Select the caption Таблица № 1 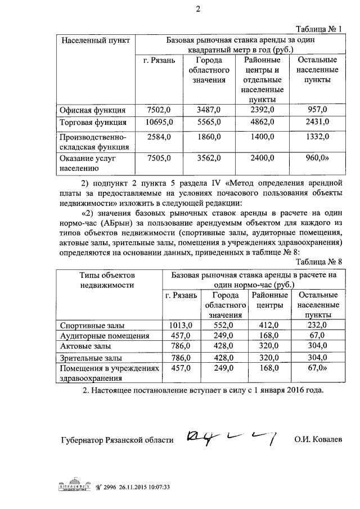318,30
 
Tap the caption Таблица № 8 318,260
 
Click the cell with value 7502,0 158,109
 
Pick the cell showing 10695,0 158,122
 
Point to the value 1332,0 317,137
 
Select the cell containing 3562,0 206,159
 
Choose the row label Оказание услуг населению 87,163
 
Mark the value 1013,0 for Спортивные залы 181,325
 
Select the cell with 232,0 317,325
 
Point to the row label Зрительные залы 91,358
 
